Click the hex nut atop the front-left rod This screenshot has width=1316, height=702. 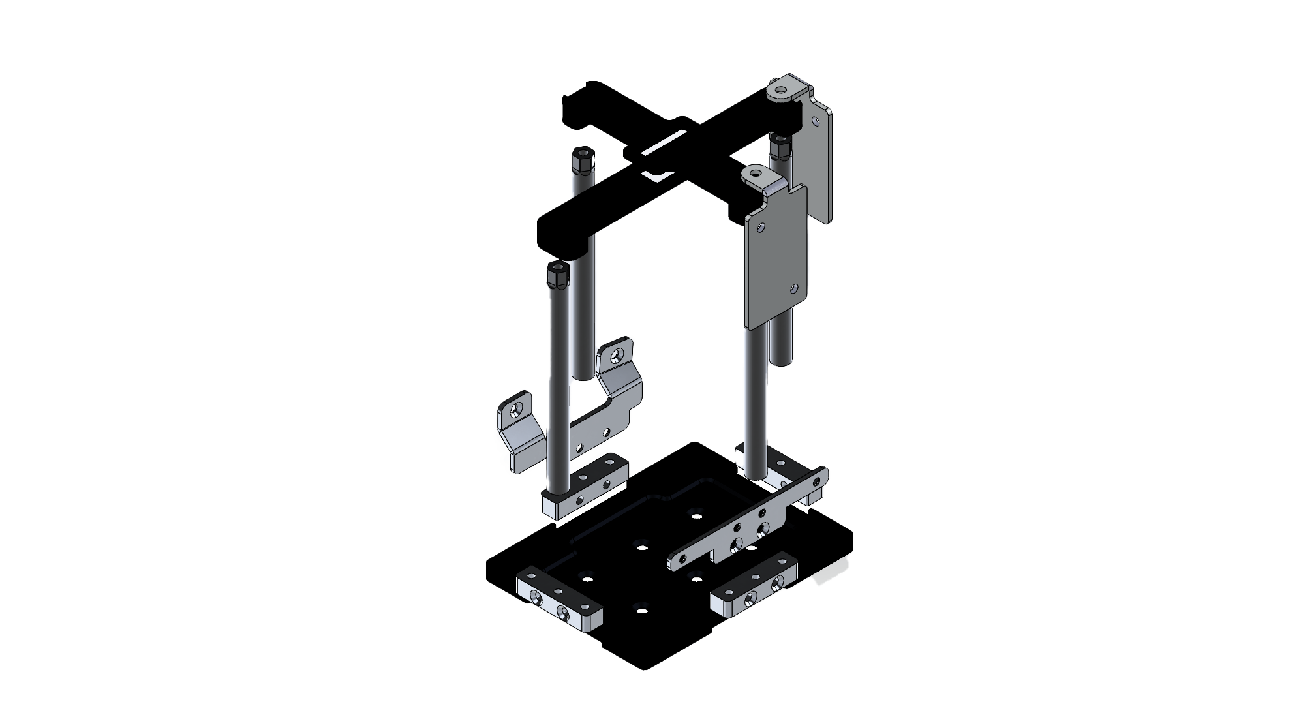[557, 277]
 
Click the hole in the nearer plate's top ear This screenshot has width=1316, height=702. [756, 174]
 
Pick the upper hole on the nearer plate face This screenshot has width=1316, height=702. [761, 228]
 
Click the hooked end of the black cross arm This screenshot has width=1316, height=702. [574, 108]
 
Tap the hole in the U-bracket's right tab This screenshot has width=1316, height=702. [617, 356]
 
